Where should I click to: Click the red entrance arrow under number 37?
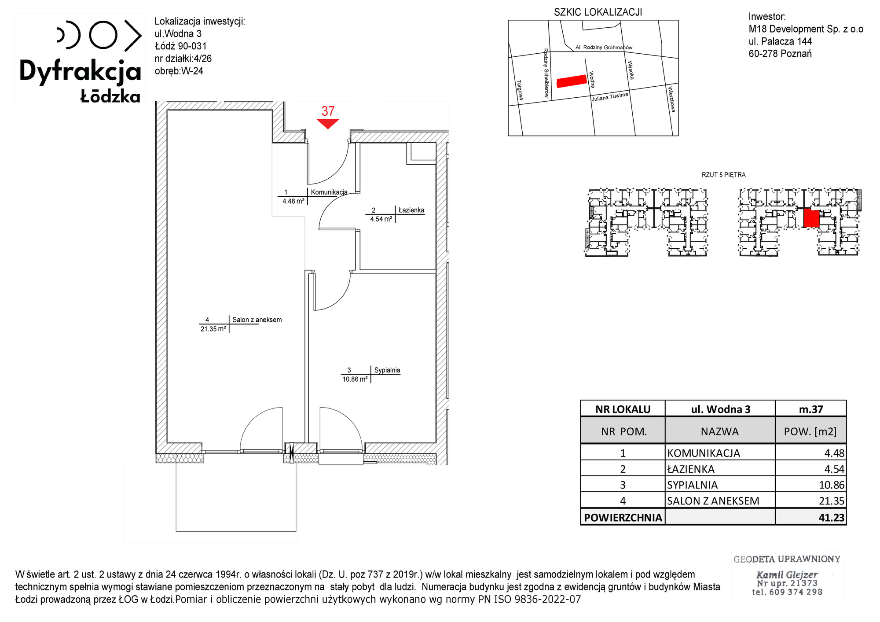(x=328, y=123)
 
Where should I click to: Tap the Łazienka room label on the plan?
(x=411, y=210)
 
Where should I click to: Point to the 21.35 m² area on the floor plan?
(x=213, y=329)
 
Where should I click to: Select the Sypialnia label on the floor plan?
(x=387, y=370)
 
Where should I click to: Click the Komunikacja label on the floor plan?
(x=329, y=192)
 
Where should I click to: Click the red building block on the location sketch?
(x=572, y=81)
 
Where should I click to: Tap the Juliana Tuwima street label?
(x=610, y=97)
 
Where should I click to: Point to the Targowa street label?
(x=520, y=90)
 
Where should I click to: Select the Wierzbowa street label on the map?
(x=671, y=99)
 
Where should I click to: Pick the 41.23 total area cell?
(x=832, y=518)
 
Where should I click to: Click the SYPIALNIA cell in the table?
(x=693, y=485)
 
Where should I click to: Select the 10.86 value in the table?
(x=832, y=485)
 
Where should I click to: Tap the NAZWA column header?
(x=720, y=432)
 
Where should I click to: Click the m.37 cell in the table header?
(x=811, y=409)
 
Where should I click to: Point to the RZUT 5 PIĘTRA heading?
(x=724, y=175)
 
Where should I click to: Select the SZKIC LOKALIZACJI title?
(x=598, y=12)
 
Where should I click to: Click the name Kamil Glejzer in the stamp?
(x=787, y=574)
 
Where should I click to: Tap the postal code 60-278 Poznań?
(x=780, y=54)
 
